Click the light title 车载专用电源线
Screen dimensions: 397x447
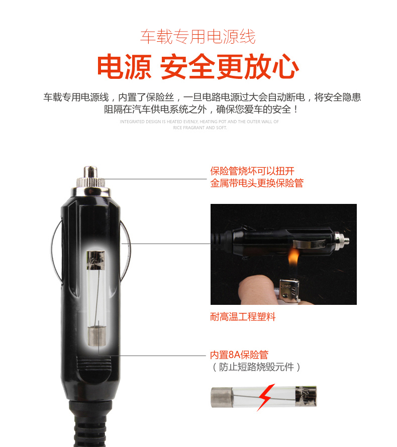coord(197,37)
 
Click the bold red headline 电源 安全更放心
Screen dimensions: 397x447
coord(197,67)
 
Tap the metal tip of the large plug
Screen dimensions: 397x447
coord(90,172)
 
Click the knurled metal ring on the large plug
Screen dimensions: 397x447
coord(90,182)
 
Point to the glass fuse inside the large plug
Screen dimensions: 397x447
coord(96,298)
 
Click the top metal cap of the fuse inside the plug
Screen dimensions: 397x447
coord(96,260)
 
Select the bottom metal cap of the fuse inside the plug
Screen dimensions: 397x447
coord(96,337)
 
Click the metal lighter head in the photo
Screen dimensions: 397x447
coord(289,291)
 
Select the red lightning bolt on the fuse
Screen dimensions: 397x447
coord(266,397)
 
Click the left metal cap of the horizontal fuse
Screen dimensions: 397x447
coord(222,397)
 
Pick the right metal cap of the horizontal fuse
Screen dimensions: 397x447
coord(306,396)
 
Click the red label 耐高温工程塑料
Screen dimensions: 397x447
coord(243,317)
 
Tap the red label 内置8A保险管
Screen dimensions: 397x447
coord(239,355)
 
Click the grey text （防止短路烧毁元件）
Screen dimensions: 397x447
coord(256,367)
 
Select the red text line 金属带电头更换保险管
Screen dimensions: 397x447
coord(257,183)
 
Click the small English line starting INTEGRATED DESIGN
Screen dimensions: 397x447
coord(200,122)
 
